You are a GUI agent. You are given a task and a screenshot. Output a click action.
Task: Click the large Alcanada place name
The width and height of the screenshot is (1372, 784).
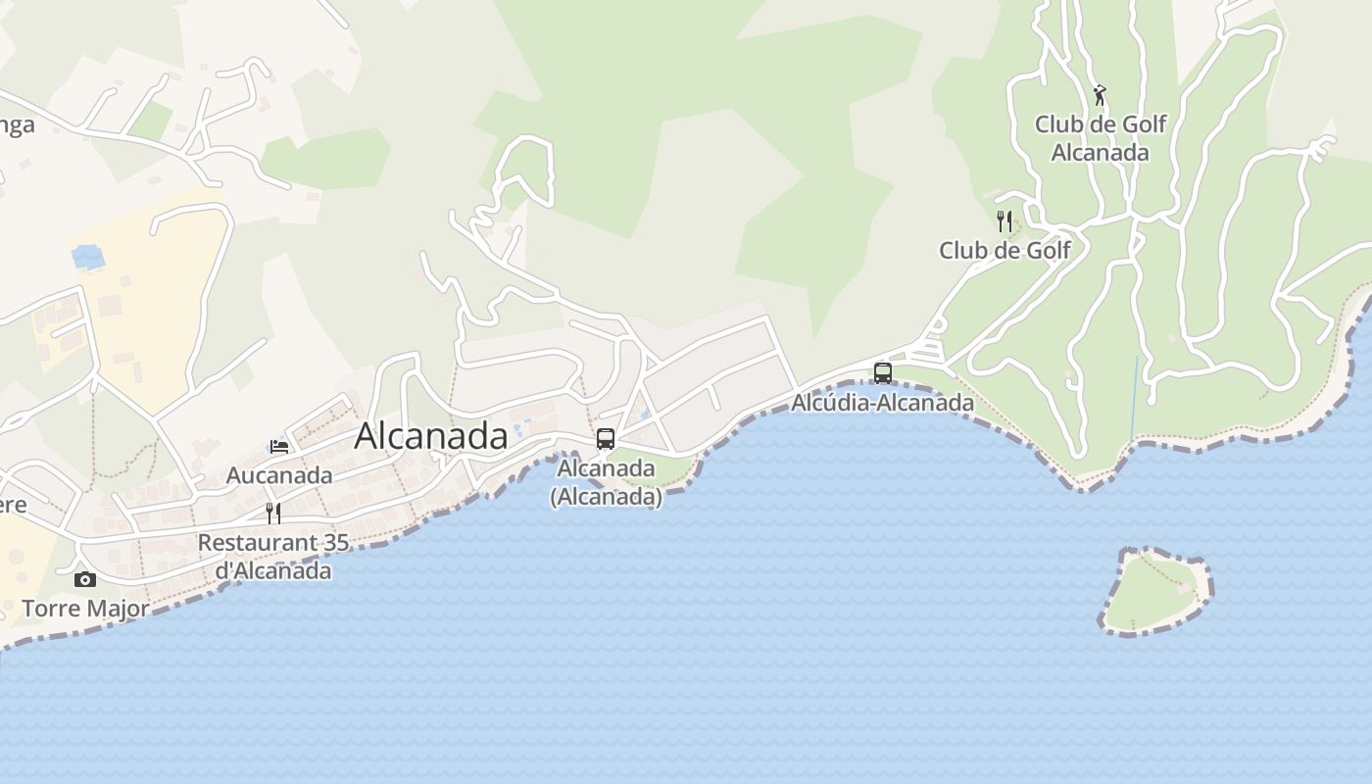[431, 436]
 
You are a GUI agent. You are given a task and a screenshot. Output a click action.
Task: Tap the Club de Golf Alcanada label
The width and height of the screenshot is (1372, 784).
[1101, 138]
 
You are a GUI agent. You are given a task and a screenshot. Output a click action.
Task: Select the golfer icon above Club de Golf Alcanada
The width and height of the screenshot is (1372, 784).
[1100, 95]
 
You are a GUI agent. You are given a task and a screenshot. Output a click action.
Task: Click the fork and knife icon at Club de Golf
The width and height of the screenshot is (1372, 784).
[1004, 221]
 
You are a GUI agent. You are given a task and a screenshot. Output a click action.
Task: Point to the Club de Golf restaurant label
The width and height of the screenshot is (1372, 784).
[1004, 250]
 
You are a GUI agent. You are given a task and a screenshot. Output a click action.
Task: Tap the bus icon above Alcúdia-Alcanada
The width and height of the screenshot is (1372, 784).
[883, 372]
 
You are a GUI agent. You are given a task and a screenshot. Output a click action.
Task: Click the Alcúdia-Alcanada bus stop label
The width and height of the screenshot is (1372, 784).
[882, 403]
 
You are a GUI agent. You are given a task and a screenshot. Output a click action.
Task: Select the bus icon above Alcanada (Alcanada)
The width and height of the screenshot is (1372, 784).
[606, 438]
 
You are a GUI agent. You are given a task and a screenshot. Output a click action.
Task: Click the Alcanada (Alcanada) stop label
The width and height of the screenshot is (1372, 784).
[606, 482]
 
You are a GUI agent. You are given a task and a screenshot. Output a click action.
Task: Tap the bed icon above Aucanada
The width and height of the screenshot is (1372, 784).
[279, 447]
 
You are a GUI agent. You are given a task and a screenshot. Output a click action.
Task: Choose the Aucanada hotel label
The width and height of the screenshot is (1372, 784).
[279, 475]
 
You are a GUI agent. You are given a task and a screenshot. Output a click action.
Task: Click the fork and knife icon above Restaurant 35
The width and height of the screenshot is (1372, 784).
[273, 513]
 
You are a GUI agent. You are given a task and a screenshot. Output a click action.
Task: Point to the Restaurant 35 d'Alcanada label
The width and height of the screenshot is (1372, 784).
[273, 556]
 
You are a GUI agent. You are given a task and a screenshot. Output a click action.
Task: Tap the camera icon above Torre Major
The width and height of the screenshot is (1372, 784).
[85, 579]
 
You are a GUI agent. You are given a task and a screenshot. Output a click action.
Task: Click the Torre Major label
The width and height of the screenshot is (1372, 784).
[85, 609]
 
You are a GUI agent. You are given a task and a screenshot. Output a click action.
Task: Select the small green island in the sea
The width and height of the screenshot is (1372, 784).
[1154, 591]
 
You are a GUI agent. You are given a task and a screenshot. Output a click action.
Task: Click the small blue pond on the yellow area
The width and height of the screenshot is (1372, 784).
[88, 257]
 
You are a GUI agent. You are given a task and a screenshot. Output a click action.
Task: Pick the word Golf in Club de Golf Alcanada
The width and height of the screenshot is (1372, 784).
[1144, 124]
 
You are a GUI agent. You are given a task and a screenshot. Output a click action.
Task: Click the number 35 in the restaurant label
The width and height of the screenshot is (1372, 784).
[336, 542]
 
